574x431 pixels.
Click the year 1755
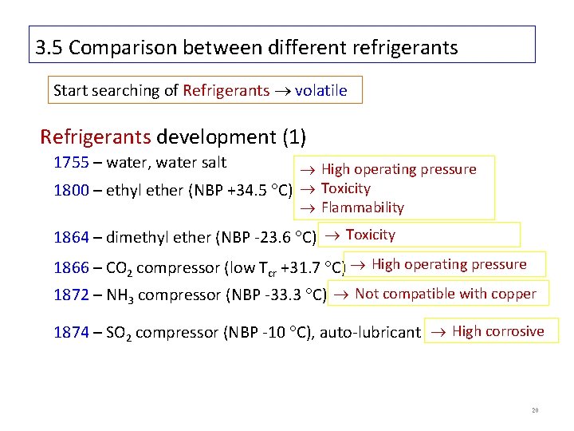click(69, 163)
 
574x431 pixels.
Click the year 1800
click(69, 192)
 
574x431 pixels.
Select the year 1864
click(69, 237)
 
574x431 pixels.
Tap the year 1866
click(69, 267)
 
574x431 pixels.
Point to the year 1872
click(69, 295)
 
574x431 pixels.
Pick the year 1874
click(69, 333)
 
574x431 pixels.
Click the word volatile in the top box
click(320, 90)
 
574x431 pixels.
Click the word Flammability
click(363, 208)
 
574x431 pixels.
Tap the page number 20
click(537, 411)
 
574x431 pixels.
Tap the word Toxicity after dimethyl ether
click(370, 235)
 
